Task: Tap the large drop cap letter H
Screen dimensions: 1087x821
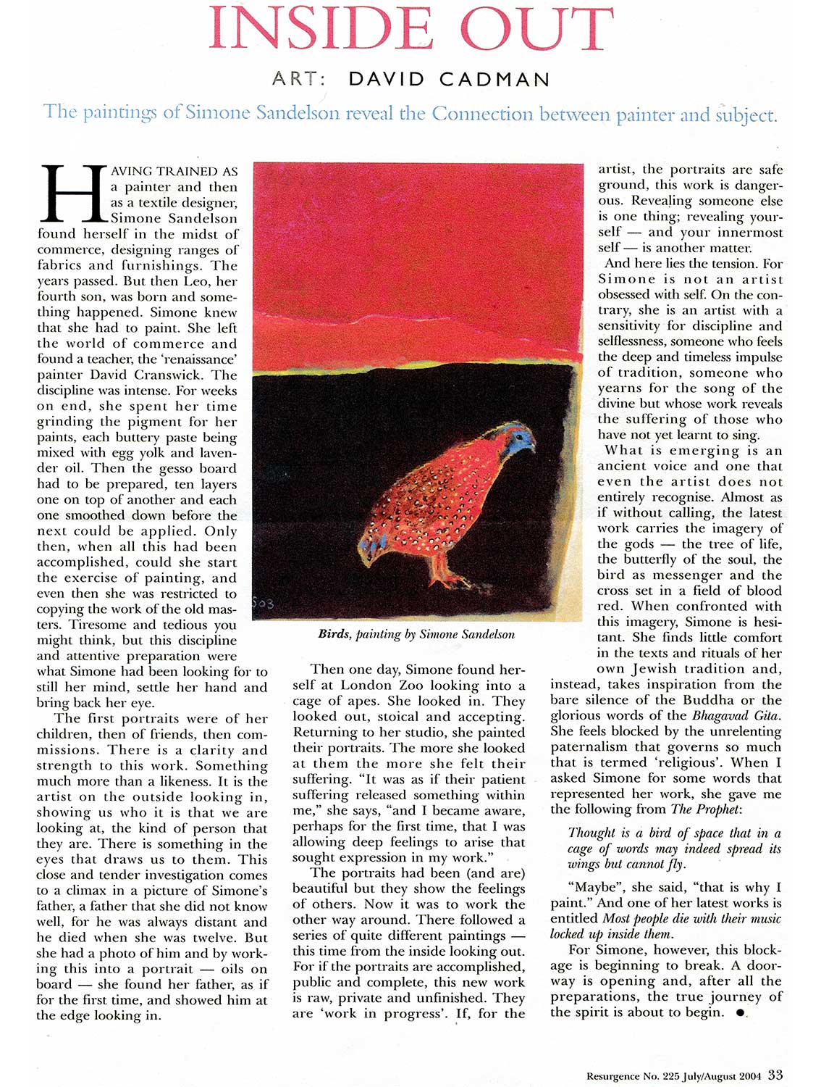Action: pyautogui.click(x=72, y=193)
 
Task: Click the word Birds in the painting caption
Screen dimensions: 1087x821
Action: pyautogui.click(x=334, y=634)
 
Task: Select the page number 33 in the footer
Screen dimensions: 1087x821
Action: pyautogui.click(x=775, y=1075)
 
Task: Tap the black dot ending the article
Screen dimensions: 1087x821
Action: pyautogui.click(x=739, y=1013)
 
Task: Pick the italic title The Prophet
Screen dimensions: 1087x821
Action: pyautogui.click(x=705, y=809)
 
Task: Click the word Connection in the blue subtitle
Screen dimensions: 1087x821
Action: pyautogui.click(x=482, y=114)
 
